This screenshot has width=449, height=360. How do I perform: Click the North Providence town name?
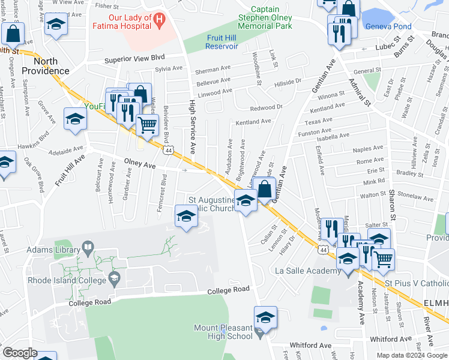tap(46, 66)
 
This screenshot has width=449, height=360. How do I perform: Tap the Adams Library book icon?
tap(88, 247)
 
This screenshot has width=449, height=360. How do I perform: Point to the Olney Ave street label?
tap(139, 164)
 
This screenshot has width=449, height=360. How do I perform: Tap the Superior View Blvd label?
tap(134, 59)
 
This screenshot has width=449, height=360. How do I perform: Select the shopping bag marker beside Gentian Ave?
tap(265, 191)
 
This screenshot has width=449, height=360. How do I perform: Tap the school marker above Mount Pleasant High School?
tap(265, 317)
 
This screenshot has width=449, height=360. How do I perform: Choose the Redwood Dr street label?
tap(267, 107)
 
